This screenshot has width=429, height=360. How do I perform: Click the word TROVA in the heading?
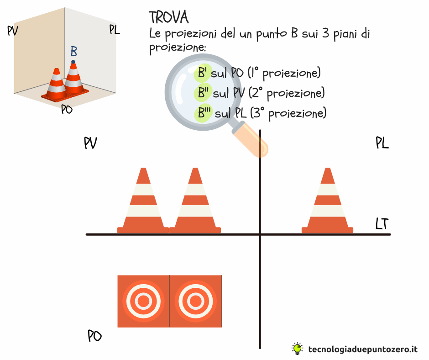169,17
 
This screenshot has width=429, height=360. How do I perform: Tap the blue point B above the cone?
73,62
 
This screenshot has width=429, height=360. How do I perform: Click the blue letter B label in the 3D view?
74,51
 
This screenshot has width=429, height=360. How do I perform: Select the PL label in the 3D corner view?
115,29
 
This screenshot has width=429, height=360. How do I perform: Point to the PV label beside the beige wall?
13,31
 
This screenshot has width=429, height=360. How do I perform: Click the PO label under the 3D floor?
67,110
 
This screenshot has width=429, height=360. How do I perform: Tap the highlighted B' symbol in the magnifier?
202,73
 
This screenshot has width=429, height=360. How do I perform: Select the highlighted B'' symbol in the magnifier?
203,93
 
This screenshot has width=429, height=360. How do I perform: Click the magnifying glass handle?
250,140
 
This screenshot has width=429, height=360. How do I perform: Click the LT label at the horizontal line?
382,223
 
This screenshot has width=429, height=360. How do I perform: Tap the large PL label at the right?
382,143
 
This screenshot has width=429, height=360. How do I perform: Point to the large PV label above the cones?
90,143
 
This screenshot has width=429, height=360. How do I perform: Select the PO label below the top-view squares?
94,336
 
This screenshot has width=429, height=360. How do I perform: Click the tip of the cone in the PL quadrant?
328,168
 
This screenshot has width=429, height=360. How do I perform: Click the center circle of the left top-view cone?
143,301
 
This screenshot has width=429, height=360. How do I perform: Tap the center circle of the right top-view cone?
196,301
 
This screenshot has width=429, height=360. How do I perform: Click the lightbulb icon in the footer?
298,349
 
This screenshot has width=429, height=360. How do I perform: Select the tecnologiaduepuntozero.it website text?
363,349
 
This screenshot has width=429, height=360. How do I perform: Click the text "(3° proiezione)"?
288,112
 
